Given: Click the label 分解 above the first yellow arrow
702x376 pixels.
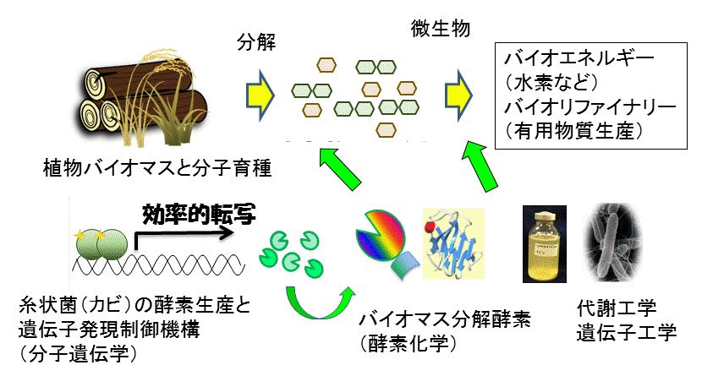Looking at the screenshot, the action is point(256,42).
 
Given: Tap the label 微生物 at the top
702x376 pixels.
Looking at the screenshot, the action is point(440,29).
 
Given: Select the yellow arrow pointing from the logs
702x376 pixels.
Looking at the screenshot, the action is point(261,95).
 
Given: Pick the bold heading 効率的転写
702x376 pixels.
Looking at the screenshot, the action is point(199,214).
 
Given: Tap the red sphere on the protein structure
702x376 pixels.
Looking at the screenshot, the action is point(430,226).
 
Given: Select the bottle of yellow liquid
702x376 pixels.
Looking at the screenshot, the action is point(545,244).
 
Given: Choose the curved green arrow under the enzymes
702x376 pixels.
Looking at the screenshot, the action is point(319,303).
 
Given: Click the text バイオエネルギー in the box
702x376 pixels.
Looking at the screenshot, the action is point(579,58).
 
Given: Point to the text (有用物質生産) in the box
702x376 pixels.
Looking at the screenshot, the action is point(574,131).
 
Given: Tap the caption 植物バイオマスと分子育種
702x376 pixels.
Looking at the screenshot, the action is point(157,168).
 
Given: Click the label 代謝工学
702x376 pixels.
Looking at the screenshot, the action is point(617,308).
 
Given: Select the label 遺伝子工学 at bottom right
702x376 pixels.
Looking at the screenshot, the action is point(627,333).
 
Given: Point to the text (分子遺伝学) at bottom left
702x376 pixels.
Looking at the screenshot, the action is point(78,354).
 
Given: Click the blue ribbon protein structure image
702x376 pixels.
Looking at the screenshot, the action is point(454,243).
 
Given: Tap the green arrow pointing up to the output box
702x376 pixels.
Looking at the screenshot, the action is point(480,166).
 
